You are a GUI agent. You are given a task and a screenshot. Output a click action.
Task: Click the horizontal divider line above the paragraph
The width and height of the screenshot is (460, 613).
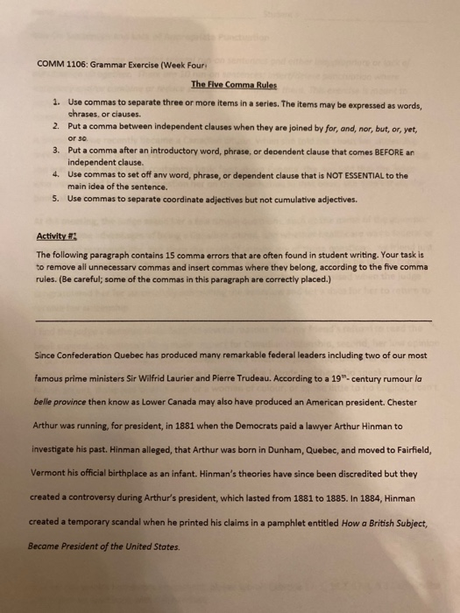(x=232, y=296)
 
